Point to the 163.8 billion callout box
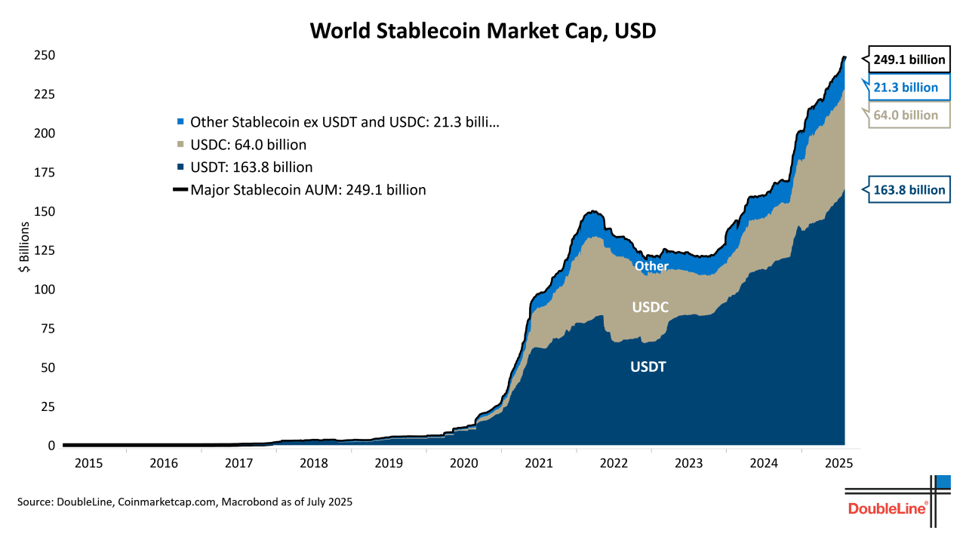(909, 190)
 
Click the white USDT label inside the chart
(649, 367)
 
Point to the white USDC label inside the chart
(651, 307)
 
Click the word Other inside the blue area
(651, 265)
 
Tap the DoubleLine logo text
(888, 508)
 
